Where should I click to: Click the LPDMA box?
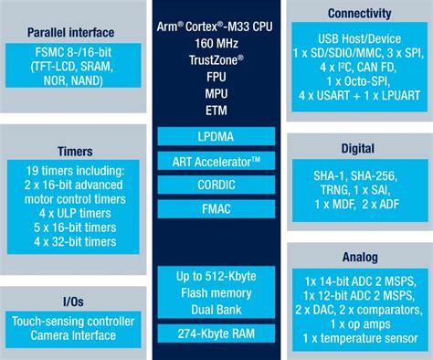216,136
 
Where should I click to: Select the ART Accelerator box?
216,162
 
